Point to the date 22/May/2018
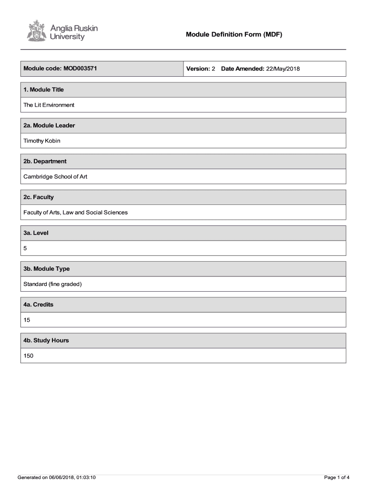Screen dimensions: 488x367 click(283, 69)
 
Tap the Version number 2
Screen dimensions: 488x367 click(214, 69)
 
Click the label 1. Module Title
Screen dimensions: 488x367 click(43, 90)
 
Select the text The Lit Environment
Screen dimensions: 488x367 click(49, 105)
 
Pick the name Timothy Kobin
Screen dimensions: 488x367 click(42, 141)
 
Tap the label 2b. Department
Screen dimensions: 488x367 click(45, 161)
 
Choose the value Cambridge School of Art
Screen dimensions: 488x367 click(55, 176)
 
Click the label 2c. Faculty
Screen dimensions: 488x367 click(39, 197)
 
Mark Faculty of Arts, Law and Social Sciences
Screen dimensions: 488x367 click(75, 212)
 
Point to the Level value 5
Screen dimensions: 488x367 click(25, 248)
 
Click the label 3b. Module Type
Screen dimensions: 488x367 click(47, 269)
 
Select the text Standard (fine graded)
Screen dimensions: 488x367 click(52, 284)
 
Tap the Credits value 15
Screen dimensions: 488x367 click(27, 320)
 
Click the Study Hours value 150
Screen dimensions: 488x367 click(28, 356)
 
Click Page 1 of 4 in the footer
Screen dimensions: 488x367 click(336, 477)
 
